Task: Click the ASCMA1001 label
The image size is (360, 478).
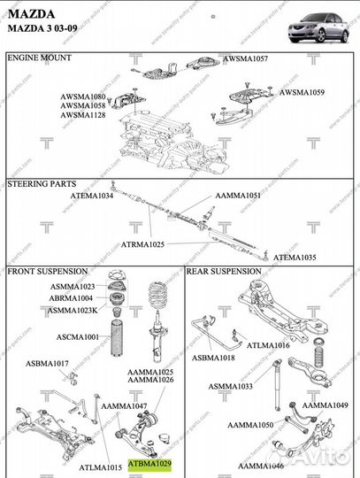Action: coord(78,336)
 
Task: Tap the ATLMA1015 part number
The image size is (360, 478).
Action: coord(100,466)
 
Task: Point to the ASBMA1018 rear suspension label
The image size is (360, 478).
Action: coord(214,358)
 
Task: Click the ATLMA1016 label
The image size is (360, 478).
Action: coord(267,345)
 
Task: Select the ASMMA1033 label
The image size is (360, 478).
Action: coord(231,386)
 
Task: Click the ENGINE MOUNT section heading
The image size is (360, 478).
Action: coord(41,57)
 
